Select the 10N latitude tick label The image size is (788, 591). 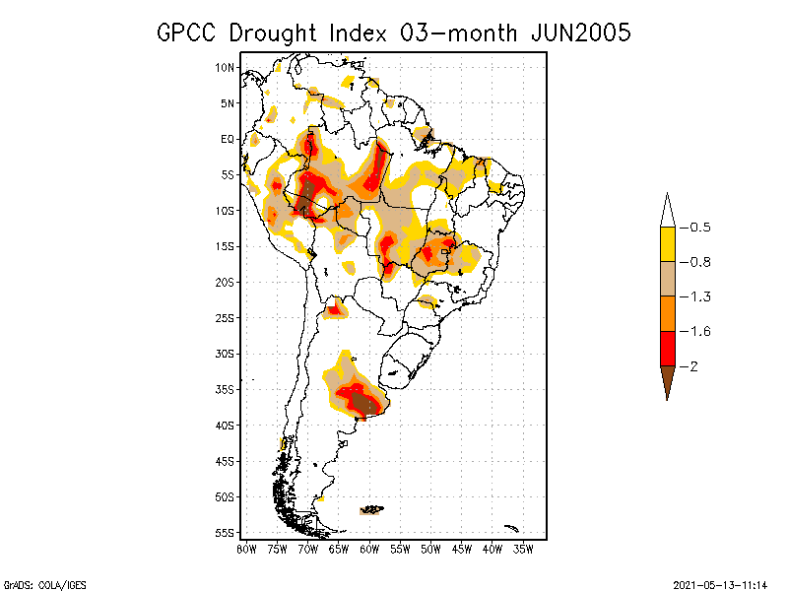point(226,68)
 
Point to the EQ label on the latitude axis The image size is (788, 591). point(228,139)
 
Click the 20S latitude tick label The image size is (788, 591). point(226,282)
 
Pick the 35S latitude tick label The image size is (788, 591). point(226,389)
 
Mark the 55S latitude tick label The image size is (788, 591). point(226,533)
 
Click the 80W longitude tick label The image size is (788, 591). point(246,548)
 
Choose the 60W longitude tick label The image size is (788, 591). point(369,548)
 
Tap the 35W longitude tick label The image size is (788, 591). point(523,548)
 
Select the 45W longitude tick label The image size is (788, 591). point(462,548)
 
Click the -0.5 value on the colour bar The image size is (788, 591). point(699,228)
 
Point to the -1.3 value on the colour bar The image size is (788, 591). point(699,296)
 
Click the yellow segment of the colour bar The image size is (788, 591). point(667,244)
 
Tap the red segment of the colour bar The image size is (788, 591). point(667,348)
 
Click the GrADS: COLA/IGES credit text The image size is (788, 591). point(38,583)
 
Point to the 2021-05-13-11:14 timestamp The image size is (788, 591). point(719,583)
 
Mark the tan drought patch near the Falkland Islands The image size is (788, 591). point(372,510)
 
